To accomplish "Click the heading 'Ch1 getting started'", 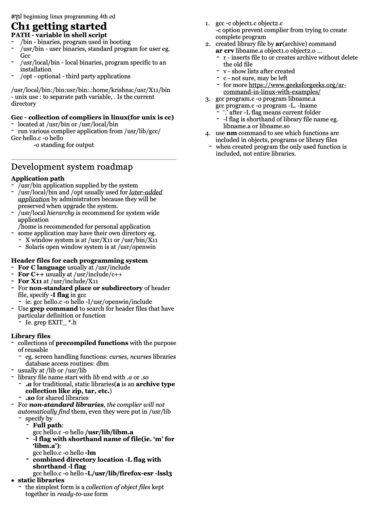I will pos(59,26).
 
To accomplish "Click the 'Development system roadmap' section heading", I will pos(72,167).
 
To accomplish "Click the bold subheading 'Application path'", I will pos(38,179).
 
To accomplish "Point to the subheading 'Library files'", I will pos(31,336).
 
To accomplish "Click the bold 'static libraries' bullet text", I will pos(41,480).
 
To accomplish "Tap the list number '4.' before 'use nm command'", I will pos(208,134).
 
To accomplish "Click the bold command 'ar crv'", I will pos(225,51).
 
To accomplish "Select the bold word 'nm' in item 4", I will pos(231,133).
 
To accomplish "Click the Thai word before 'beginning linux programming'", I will pos(17,17).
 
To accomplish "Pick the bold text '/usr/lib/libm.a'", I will pos(109,432).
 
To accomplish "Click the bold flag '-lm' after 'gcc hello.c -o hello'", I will pos(90,453).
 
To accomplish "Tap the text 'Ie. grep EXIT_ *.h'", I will pos(51,322).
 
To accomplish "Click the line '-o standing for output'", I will pos(64,145).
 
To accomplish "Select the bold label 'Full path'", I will pos(47,425).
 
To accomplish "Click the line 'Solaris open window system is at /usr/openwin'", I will pos(90,247).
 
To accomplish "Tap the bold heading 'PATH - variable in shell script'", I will pos(59,35).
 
